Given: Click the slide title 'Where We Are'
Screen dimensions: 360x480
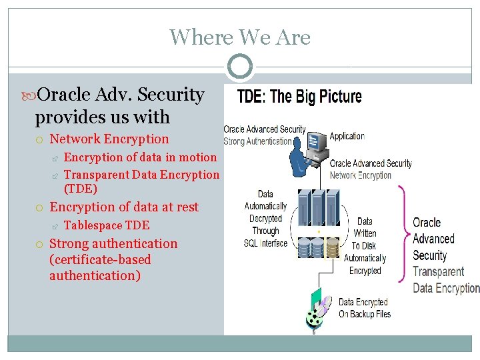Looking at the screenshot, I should (240, 37).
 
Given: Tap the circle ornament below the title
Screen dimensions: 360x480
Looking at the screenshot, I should (240, 67).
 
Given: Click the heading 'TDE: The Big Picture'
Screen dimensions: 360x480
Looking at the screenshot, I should (299, 97).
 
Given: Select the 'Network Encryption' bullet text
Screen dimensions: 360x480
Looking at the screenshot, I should (109, 139).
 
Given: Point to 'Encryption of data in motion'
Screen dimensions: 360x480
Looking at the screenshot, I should (140, 157).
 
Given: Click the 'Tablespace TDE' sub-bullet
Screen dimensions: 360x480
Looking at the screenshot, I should (107, 225).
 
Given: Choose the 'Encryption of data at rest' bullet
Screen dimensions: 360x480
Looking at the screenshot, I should (124, 207).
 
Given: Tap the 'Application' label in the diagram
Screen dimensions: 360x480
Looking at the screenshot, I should (347, 136).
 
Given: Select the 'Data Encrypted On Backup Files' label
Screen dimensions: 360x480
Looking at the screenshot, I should (365, 308).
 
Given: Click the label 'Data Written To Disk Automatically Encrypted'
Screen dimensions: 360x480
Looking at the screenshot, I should (365, 246).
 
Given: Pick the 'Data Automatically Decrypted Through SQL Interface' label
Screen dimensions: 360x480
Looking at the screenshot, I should (265, 219).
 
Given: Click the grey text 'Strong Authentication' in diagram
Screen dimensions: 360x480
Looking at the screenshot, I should (258, 141).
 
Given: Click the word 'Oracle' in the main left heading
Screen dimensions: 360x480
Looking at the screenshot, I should (65, 95).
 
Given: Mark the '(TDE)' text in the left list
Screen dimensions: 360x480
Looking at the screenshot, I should (80, 189).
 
